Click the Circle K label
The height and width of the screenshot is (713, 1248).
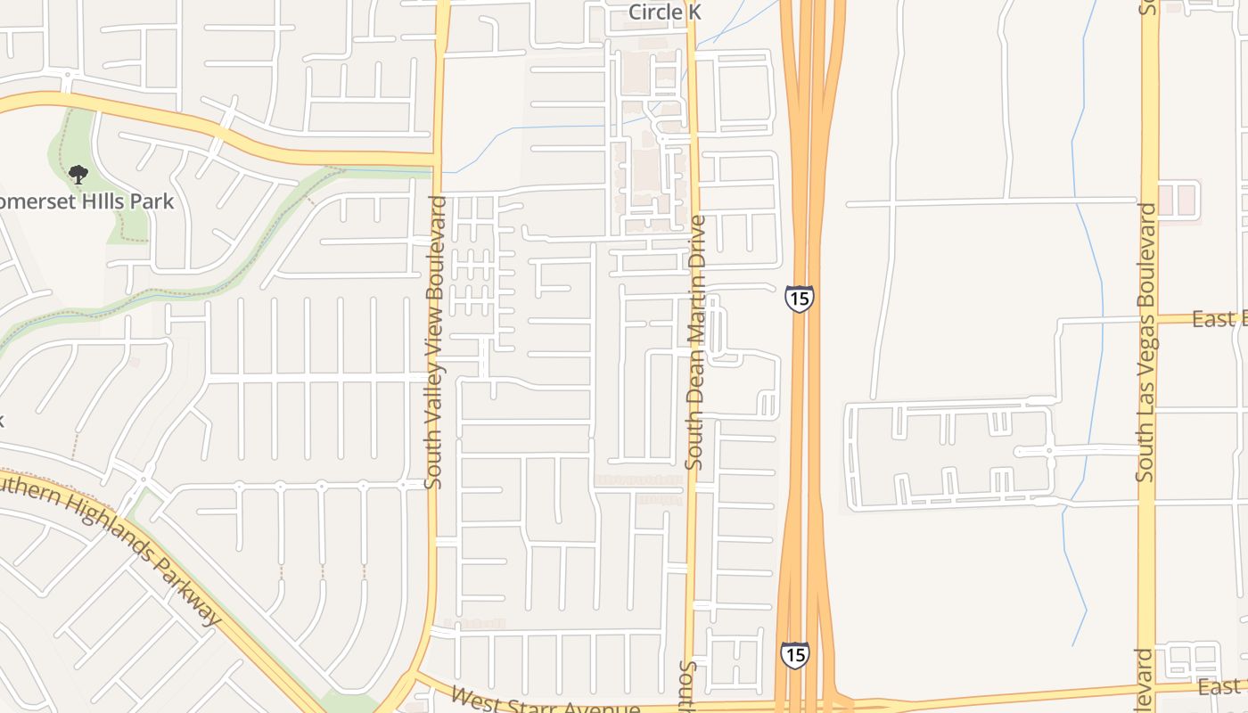[665, 12]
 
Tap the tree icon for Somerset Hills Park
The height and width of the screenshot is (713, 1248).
[78, 174]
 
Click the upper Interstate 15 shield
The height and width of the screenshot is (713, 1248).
[799, 298]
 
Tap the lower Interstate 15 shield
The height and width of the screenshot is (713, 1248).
[795, 654]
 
